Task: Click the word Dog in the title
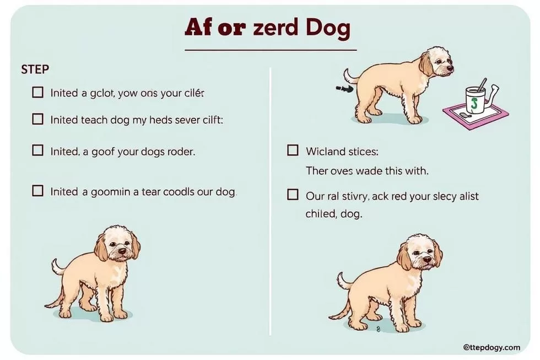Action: click(x=327, y=28)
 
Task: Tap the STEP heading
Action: click(x=35, y=69)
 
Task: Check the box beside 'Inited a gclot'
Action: click(x=37, y=92)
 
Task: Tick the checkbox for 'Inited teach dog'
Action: click(x=37, y=119)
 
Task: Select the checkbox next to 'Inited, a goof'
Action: click(x=37, y=150)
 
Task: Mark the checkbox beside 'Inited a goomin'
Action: click(x=37, y=191)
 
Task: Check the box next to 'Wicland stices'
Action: click(x=293, y=150)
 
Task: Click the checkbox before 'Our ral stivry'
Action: click(x=293, y=195)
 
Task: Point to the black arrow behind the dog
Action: click(x=344, y=89)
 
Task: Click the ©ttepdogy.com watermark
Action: click(x=492, y=347)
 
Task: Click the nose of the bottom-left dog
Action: click(x=122, y=252)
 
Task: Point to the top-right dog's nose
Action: click(x=450, y=68)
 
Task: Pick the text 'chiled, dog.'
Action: click(x=334, y=214)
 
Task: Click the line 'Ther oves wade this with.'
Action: click(x=367, y=170)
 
